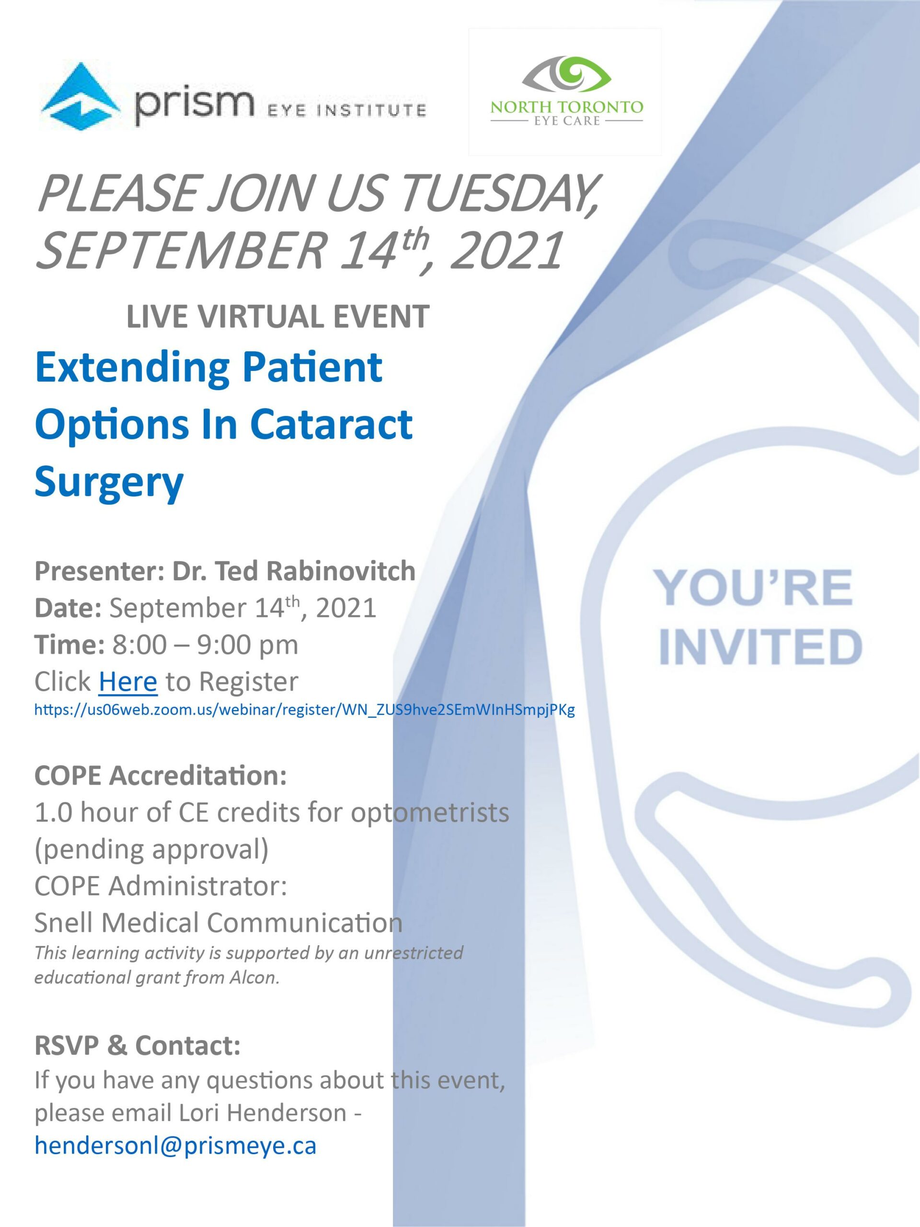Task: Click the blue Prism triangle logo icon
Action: [80, 96]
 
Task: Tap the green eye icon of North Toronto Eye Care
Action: [566, 73]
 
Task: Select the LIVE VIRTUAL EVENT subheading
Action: [277, 316]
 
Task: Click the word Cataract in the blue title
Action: [331, 424]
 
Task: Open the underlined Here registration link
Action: [127, 681]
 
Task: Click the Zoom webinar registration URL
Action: [304, 709]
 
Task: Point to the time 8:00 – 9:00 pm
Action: [205, 645]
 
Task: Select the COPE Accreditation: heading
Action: [160, 776]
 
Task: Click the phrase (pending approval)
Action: [151, 849]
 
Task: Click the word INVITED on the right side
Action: [760, 647]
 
